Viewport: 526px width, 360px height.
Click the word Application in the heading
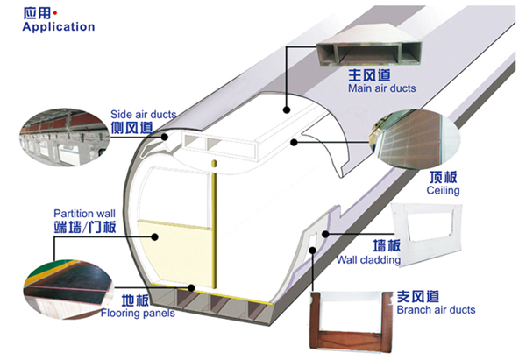pos(53,26)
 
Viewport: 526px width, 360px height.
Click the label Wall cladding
pos(369,259)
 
